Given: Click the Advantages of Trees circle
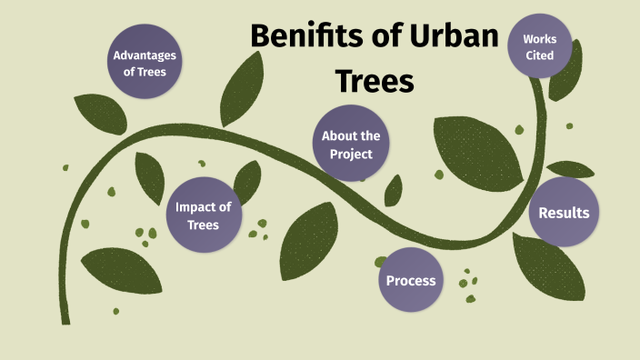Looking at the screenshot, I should pos(145,63).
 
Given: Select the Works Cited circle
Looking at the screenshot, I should pos(546,47).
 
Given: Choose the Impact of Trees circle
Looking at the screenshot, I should pos(203,215).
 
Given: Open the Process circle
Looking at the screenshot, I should pos(411,280).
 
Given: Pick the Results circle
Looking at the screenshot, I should pos(564,213).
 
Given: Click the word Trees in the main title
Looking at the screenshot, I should pos(375,81).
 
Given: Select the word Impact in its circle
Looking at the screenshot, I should pos(204,206).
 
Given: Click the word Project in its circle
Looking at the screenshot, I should pos(351,154).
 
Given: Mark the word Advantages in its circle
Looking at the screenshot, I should pos(145,55).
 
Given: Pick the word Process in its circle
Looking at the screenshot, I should pos(411,280).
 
